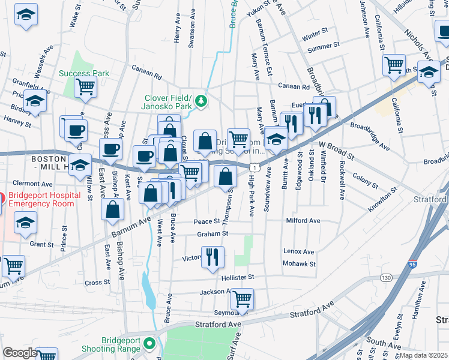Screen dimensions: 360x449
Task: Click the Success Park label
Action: (84, 73)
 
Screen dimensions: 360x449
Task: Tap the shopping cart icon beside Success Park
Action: (85, 86)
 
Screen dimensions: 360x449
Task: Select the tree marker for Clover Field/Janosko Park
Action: (202, 100)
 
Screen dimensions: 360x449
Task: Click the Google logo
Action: (19, 353)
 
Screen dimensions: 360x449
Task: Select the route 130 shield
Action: (385, 277)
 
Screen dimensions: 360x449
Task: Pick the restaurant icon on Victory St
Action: (212, 257)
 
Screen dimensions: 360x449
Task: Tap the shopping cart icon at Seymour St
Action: (242, 298)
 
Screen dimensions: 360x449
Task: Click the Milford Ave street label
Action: (303, 221)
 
